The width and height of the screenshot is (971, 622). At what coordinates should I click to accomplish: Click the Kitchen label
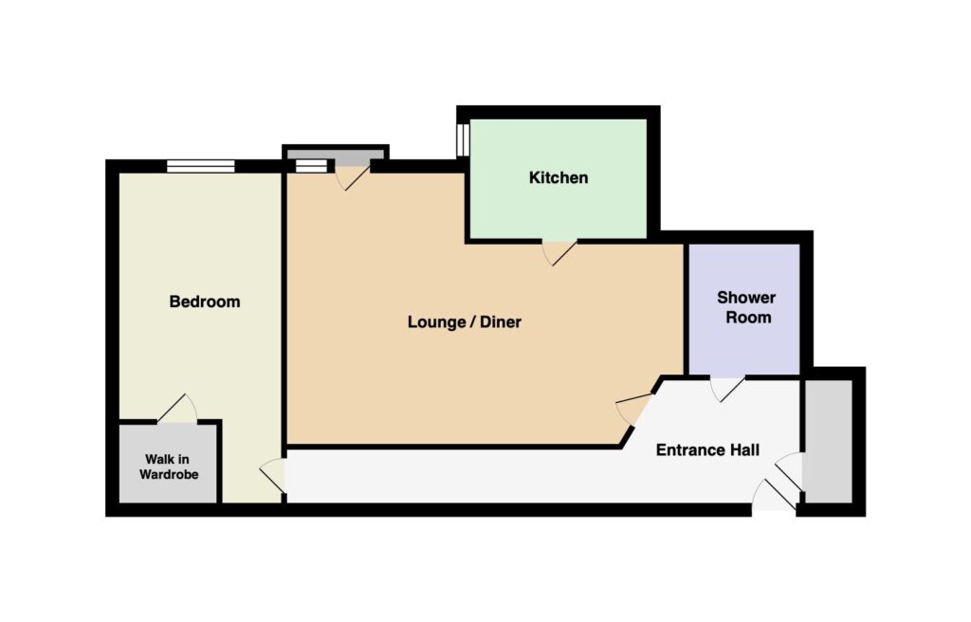[558, 178]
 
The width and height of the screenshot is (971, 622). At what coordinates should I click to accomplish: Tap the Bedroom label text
[205, 302]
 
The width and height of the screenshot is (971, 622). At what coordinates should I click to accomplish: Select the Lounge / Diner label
[465, 322]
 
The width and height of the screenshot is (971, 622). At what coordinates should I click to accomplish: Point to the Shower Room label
[747, 307]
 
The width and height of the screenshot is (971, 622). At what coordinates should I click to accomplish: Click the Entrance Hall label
[707, 449]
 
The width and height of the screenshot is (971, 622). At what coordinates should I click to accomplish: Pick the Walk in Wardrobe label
[169, 467]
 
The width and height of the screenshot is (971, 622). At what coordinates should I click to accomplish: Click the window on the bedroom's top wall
[201, 166]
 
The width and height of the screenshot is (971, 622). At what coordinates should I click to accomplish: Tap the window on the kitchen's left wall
[463, 140]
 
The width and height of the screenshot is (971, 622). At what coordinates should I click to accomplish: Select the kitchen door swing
[559, 253]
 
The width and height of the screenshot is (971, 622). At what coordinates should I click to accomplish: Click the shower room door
[727, 389]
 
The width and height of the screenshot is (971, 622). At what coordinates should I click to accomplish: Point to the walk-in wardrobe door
[177, 409]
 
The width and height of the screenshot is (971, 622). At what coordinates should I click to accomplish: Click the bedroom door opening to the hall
[272, 476]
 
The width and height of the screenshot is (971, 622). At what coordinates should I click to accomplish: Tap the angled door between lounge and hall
[634, 409]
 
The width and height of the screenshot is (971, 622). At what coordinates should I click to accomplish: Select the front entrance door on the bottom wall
[774, 495]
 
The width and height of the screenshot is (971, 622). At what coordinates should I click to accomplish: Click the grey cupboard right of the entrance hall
[828, 441]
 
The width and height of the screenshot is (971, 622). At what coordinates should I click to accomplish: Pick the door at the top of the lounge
[353, 174]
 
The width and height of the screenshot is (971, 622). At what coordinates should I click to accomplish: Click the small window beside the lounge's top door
[311, 166]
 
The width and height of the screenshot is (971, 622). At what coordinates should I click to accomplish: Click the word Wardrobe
[169, 475]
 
